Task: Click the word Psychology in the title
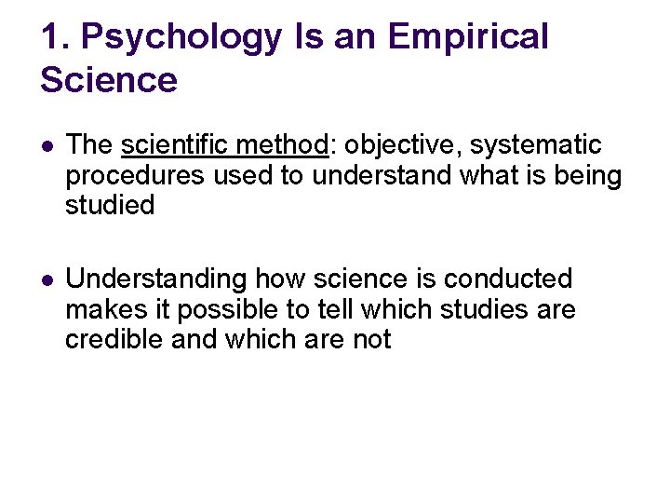[x=181, y=37]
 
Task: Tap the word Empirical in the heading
[x=468, y=37]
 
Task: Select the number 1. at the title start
[x=54, y=37]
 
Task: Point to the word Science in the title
[x=109, y=80]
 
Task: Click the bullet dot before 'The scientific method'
[x=47, y=146]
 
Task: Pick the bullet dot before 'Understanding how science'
[x=47, y=279]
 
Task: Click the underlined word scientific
[x=178, y=145]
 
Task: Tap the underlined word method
[x=285, y=145]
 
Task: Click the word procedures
[x=135, y=176]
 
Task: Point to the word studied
[x=110, y=205]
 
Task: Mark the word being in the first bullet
[x=585, y=176]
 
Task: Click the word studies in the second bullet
[x=484, y=308]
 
